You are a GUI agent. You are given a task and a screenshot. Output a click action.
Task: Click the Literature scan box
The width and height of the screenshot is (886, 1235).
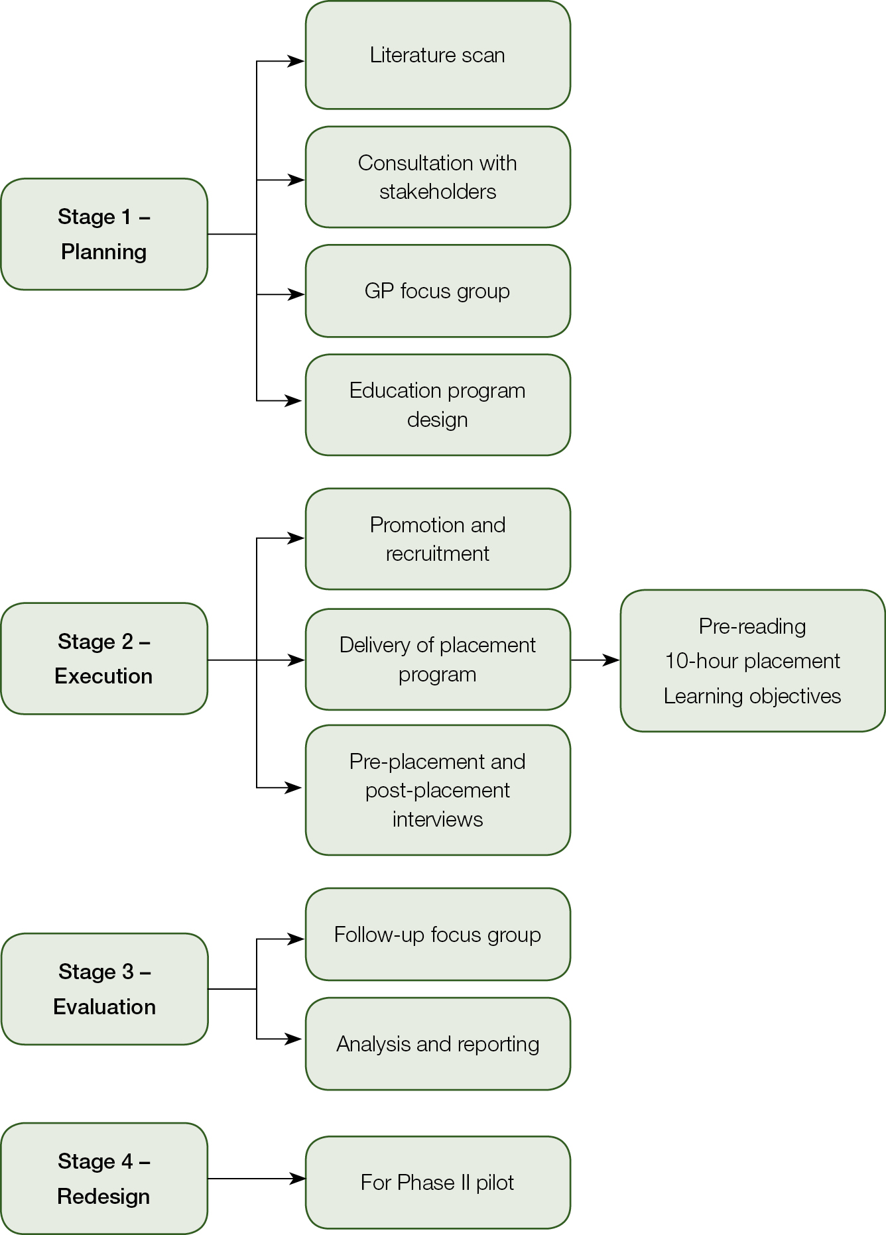438,56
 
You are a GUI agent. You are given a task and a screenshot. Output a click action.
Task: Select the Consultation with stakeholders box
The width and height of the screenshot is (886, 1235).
438,177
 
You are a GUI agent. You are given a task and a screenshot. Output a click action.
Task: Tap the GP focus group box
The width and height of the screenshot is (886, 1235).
438,291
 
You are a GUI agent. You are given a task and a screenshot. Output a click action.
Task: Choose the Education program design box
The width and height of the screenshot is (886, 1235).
438,405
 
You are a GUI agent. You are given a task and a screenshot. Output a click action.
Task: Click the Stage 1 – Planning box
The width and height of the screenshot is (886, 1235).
104,234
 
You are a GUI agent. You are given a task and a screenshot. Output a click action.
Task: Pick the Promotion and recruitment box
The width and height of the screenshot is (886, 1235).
438,539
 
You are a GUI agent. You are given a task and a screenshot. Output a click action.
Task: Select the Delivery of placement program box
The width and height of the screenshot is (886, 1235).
438,660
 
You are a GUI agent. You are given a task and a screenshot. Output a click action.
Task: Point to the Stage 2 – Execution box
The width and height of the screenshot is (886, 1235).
104,658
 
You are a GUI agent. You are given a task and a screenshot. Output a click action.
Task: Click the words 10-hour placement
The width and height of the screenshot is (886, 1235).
752,661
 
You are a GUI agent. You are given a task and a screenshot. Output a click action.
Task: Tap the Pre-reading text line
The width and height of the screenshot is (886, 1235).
752,626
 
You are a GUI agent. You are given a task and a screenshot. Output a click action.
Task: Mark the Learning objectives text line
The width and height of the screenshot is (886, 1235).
752,696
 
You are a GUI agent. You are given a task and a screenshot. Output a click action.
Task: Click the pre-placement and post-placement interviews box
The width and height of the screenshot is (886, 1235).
438,790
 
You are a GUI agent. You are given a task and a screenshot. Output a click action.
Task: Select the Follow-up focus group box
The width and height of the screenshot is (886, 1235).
438,935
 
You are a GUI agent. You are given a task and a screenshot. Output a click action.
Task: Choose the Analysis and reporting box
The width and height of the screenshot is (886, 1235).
438,1044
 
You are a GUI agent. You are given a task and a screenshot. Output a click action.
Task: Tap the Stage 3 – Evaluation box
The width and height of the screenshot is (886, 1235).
104,989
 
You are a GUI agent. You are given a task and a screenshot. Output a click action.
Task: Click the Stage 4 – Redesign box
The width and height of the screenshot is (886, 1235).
104,1179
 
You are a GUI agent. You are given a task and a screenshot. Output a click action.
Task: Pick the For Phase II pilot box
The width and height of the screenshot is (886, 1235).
438,1183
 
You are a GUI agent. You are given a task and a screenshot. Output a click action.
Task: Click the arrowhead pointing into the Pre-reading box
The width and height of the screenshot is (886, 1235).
611,660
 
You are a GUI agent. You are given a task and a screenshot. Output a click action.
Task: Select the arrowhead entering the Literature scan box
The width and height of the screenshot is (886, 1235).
296,62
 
